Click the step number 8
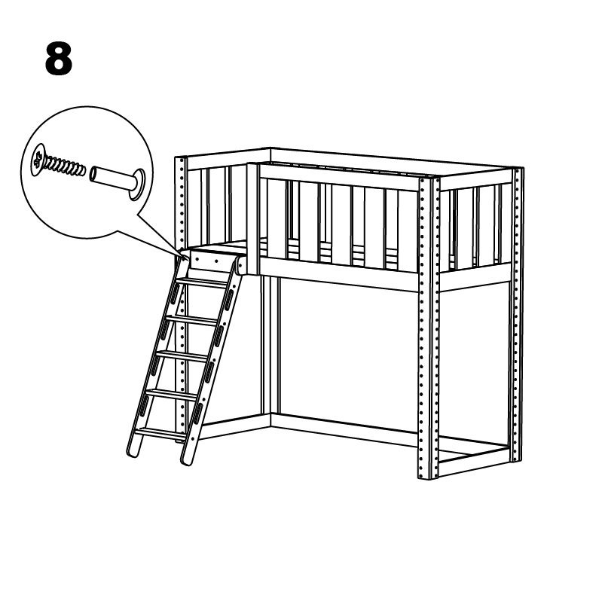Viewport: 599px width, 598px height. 59,59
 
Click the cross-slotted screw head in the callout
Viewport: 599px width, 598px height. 38,160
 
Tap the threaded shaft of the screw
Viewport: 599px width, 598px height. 65,166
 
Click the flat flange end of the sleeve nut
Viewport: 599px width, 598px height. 138,185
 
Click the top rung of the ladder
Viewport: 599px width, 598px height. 203,283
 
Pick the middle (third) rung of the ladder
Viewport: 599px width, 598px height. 182,357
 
